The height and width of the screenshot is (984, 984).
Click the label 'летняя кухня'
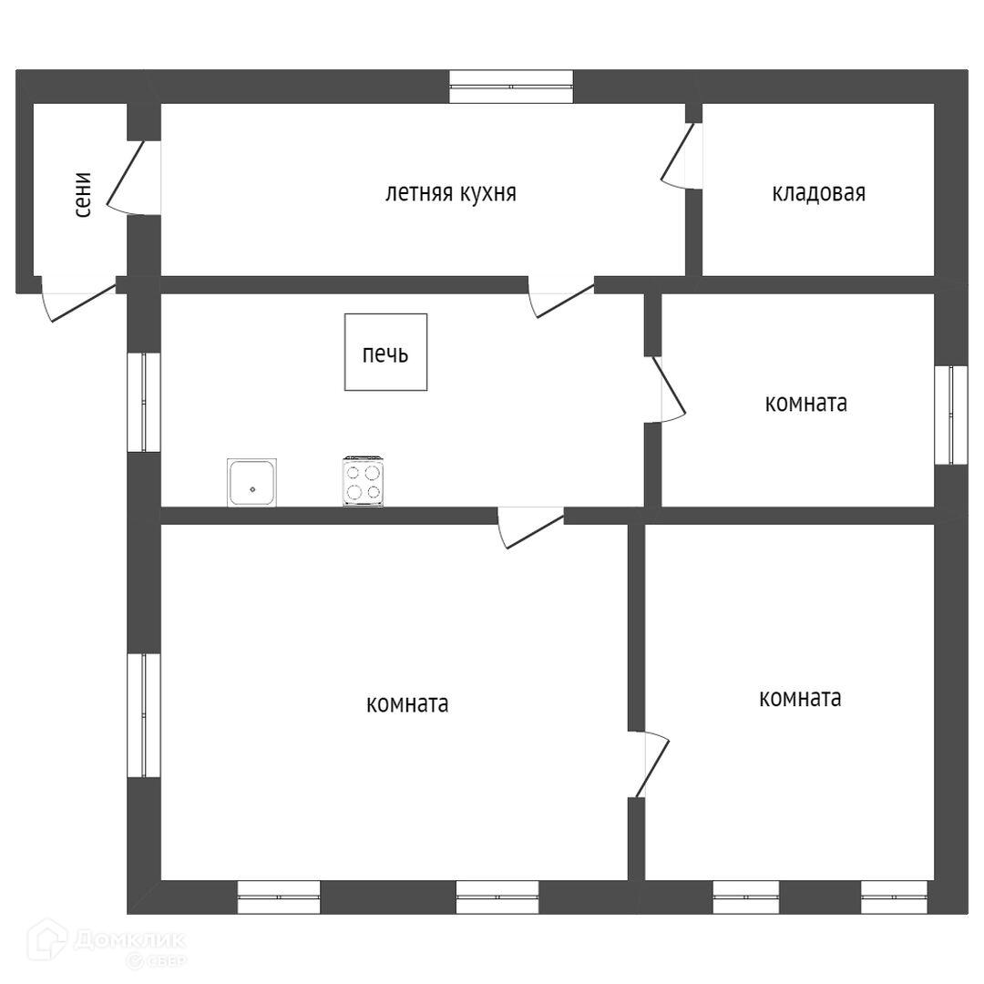click(450, 193)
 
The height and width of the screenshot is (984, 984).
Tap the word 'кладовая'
click(818, 193)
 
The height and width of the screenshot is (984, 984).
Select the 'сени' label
click(83, 194)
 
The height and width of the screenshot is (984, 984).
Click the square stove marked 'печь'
click(385, 353)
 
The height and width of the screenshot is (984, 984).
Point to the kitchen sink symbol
click(252, 483)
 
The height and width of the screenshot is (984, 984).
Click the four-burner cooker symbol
click(363, 481)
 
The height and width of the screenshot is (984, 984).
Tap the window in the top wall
click(511, 87)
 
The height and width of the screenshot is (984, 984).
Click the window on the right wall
click(951, 415)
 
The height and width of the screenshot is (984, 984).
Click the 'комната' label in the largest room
click(406, 704)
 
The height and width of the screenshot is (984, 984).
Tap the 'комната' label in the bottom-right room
click(800, 699)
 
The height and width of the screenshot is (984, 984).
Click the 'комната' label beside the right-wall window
click(805, 404)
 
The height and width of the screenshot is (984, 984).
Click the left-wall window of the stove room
click(144, 402)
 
